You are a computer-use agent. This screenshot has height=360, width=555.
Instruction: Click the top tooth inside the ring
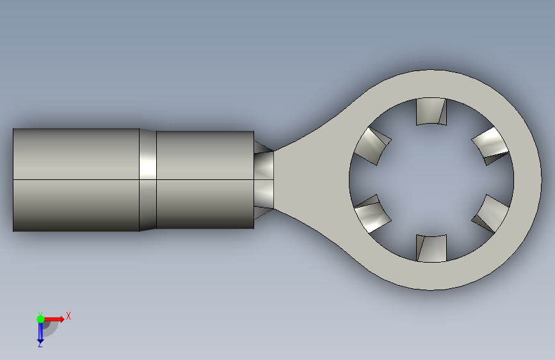(431, 111)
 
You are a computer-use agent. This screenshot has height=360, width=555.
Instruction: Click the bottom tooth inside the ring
(431, 249)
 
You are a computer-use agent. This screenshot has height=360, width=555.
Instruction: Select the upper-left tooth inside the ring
(372, 146)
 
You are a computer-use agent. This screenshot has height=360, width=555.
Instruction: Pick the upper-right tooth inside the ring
(490, 146)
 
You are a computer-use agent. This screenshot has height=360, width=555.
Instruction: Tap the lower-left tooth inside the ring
(373, 214)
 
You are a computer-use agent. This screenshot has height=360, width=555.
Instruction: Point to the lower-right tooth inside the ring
(490, 214)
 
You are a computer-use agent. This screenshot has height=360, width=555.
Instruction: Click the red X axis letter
(68, 316)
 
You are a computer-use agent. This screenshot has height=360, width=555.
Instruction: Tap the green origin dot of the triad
(40, 319)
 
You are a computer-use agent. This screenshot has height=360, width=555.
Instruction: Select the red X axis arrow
(54, 319)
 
